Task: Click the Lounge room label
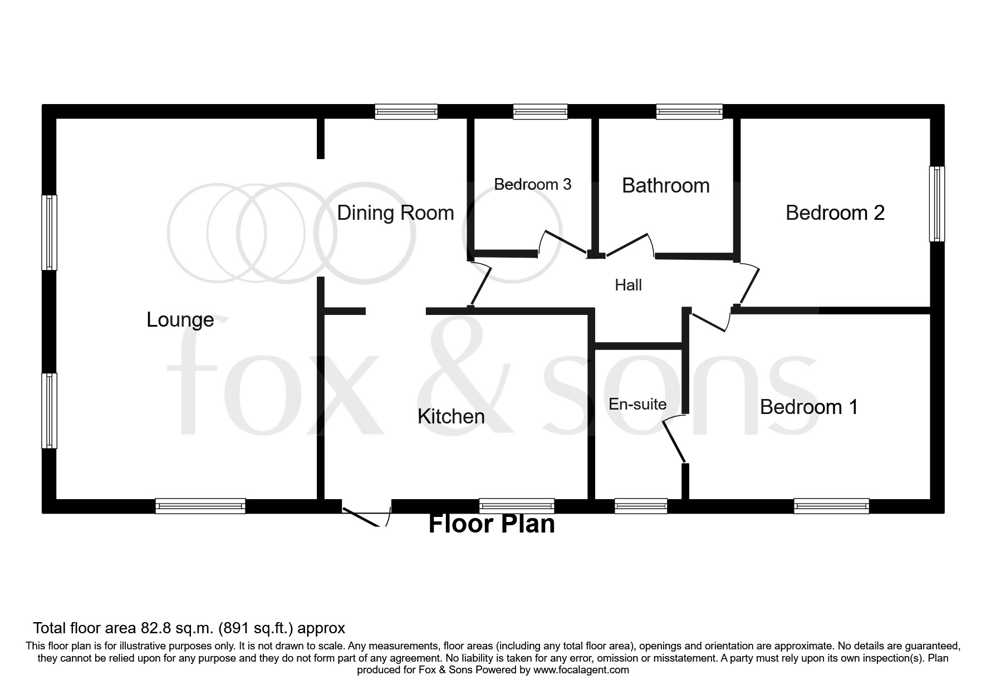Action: (x=180, y=320)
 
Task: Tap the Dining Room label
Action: (x=395, y=213)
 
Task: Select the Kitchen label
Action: (x=451, y=416)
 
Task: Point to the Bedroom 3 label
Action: (x=532, y=184)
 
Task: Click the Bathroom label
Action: (x=665, y=185)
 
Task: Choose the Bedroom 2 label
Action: (x=835, y=213)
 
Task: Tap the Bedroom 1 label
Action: (x=808, y=407)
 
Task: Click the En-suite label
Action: (x=637, y=404)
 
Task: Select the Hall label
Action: (x=628, y=285)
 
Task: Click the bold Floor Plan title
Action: (x=492, y=524)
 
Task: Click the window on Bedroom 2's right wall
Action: (x=937, y=204)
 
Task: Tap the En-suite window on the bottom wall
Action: (x=641, y=506)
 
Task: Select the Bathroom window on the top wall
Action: (x=689, y=112)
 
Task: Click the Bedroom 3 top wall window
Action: (x=540, y=112)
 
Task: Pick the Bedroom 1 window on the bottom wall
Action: (x=831, y=506)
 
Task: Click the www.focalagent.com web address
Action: (x=581, y=670)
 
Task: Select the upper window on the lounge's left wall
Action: (x=50, y=232)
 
